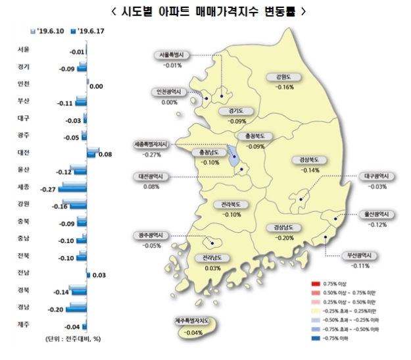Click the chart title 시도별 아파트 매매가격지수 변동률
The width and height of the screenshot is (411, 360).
click(x=206, y=12)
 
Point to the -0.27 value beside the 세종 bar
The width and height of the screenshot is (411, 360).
click(x=47, y=189)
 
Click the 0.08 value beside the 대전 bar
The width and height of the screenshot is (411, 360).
click(x=105, y=155)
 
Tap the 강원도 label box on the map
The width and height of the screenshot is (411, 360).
click(x=285, y=78)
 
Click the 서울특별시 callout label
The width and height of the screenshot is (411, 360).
click(x=174, y=56)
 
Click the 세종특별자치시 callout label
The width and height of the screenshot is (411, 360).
click(x=151, y=144)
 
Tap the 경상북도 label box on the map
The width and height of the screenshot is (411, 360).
click(x=308, y=160)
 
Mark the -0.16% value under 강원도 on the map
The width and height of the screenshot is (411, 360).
click(x=285, y=87)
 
